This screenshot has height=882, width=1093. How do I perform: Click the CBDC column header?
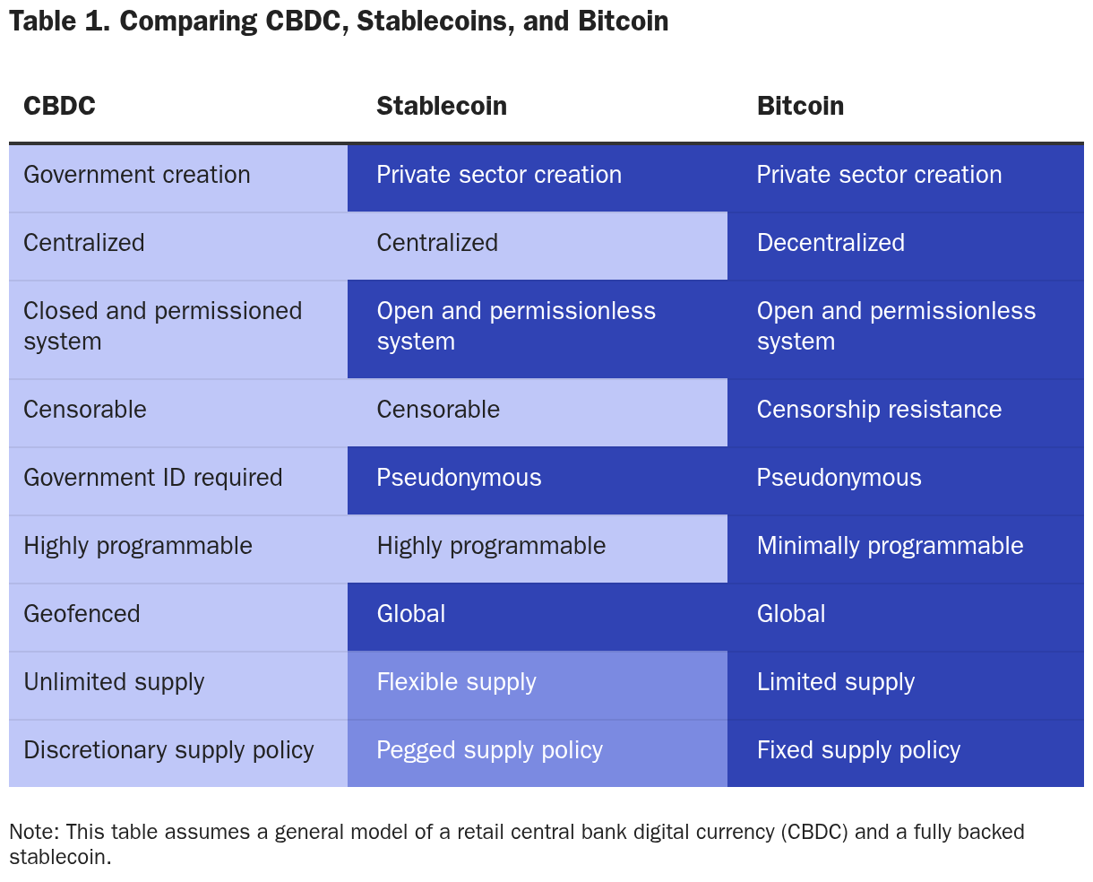point(59,106)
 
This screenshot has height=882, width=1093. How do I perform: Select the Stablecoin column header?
point(442,106)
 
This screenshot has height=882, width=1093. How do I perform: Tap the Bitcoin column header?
point(800,106)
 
